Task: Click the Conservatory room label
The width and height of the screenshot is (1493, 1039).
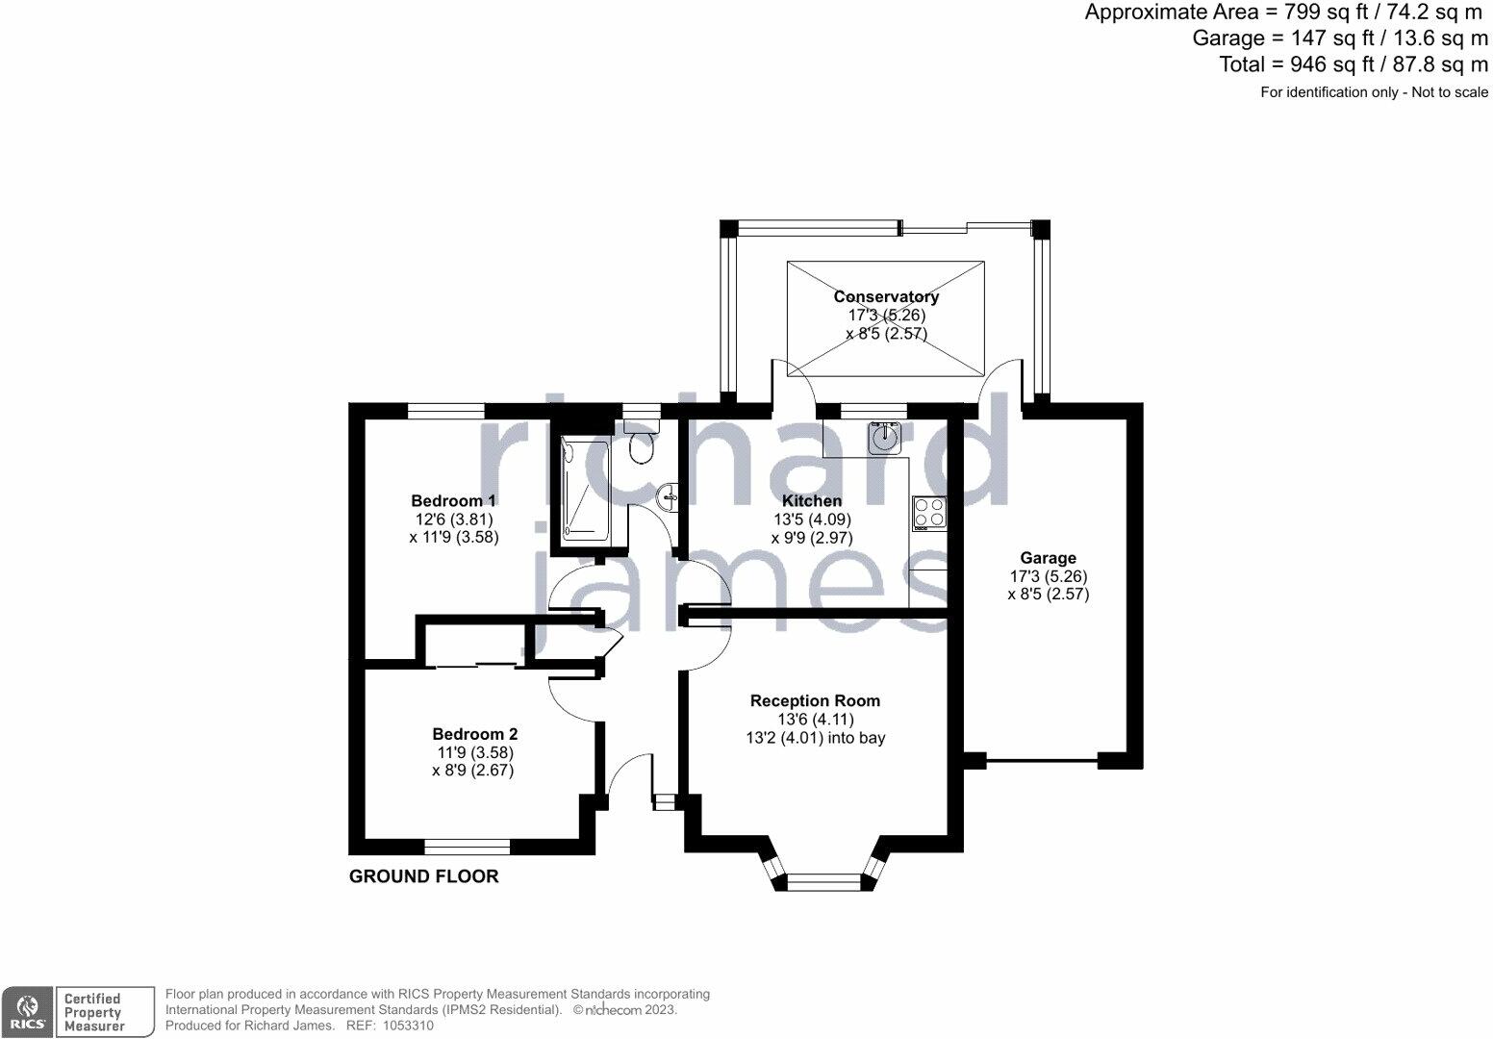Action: click(886, 296)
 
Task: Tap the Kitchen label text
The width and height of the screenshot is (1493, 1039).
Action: click(811, 500)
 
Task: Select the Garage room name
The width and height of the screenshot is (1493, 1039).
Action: click(1048, 558)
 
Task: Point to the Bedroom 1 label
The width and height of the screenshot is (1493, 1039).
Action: click(453, 500)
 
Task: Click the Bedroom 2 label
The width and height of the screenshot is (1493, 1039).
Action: click(474, 734)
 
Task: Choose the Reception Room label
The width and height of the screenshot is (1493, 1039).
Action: click(815, 700)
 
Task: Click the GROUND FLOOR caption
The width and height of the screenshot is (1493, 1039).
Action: click(424, 876)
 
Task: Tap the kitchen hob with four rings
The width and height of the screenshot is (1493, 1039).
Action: click(929, 514)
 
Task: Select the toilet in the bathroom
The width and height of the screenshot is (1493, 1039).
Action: click(642, 443)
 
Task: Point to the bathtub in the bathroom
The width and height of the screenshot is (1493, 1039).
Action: click(586, 491)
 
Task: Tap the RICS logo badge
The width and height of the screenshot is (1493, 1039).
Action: click(27, 1012)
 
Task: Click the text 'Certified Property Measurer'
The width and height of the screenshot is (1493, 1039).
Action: click(93, 1012)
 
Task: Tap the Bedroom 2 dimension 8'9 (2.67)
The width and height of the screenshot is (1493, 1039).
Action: click(472, 771)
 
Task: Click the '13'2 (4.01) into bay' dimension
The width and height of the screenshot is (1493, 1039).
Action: click(815, 738)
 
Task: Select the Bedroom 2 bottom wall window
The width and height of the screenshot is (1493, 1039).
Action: click(468, 847)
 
